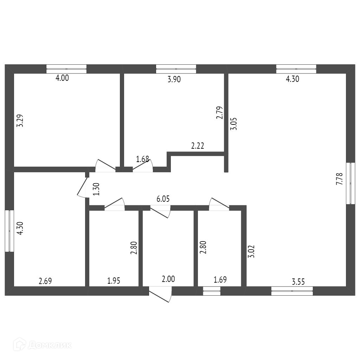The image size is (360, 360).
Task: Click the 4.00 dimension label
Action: tap(62, 78)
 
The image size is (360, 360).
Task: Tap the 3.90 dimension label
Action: tap(174, 79)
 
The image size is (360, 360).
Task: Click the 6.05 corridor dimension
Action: tap(163, 199)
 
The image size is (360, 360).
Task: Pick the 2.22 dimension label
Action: tap(198, 146)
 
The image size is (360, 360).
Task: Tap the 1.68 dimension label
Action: tap(142, 159)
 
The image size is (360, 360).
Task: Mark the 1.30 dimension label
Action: tap(96, 189)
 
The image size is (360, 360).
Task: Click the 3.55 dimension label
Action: tap(298, 282)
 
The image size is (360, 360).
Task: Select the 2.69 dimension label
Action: tap(45, 281)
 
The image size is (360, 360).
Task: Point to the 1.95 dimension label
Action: tap(114, 281)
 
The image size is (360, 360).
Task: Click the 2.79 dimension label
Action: tap(220, 113)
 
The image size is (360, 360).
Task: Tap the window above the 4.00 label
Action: tap(66, 69)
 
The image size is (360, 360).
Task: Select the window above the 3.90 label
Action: tap(176, 69)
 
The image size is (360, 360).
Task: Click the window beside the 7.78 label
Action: tap(351, 183)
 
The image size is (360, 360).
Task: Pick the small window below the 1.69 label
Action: tap(212, 291)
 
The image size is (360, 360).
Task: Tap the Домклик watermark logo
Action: tap(42, 345)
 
